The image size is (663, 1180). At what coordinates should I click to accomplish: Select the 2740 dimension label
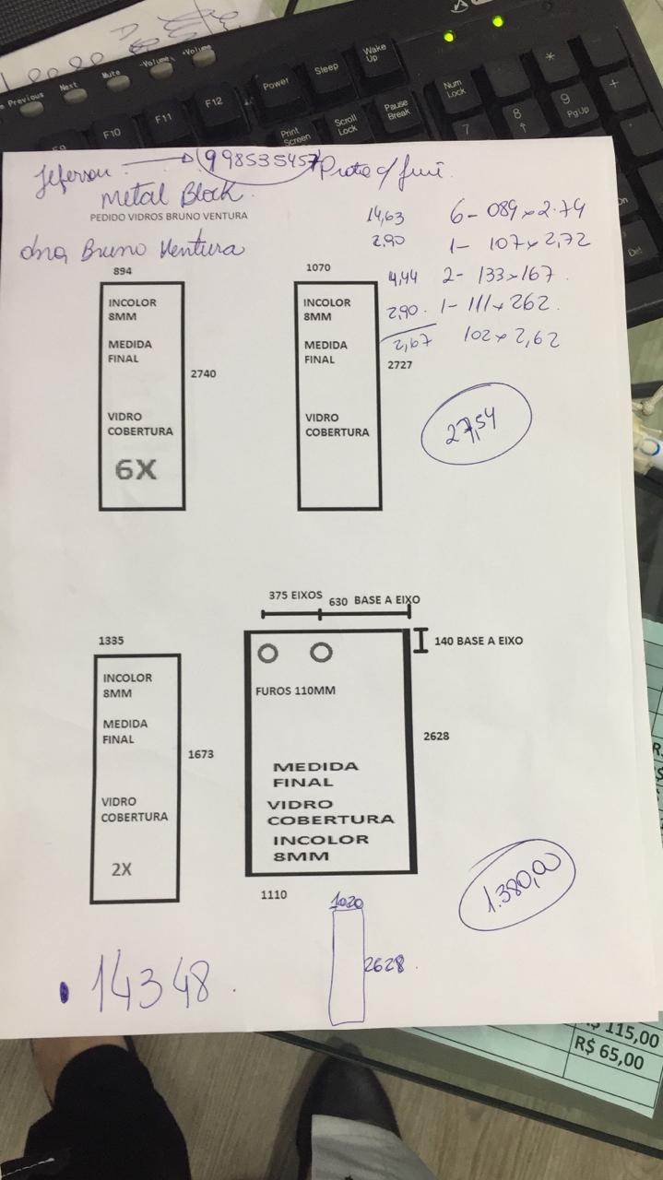tap(204, 374)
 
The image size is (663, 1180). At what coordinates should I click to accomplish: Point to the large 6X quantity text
tap(136, 470)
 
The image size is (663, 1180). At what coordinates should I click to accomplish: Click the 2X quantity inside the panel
tap(121, 868)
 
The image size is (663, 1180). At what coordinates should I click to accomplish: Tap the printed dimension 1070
tap(317, 267)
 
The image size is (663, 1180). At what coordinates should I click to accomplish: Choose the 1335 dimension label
tap(111, 640)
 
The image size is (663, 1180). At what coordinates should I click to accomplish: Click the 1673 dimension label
tap(200, 754)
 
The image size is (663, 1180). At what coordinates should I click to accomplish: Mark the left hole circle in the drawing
tap(267, 654)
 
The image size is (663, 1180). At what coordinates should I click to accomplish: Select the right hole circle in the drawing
tap(320, 653)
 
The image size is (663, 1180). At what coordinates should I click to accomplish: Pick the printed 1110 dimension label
tap(274, 894)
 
